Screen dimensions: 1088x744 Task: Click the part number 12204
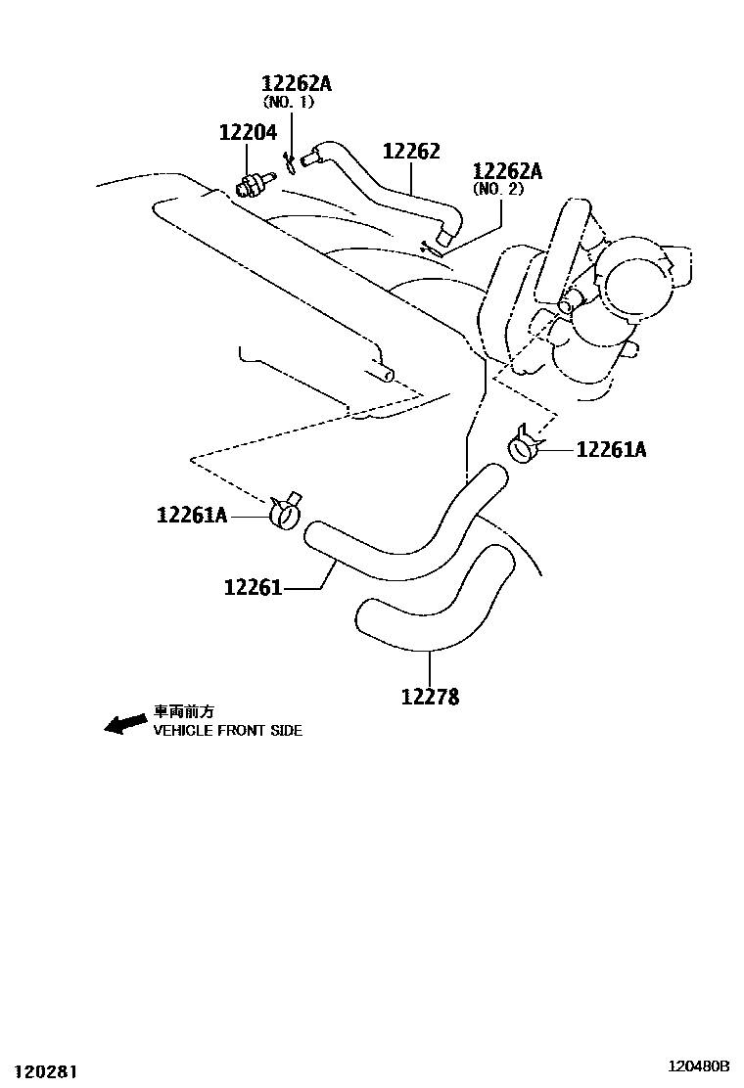pyautogui.click(x=248, y=132)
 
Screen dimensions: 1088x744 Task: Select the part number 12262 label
pyautogui.click(x=411, y=152)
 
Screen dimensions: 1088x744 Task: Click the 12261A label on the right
pyautogui.click(x=611, y=450)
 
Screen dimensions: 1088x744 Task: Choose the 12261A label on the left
pyautogui.click(x=192, y=514)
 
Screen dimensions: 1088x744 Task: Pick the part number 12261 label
pyautogui.click(x=253, y=588)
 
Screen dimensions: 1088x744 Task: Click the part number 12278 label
pyautogui.click(x=430, y=697)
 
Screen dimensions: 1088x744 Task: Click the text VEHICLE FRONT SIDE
pyautogui.click(x=227, y=731)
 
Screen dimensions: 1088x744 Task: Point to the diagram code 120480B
pyautogui.click(x=699, y=1065)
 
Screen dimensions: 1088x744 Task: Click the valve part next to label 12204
pyautogui.click(x=254, y=183)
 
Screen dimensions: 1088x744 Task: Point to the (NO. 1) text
pyautogui.click(x=288, y=102)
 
